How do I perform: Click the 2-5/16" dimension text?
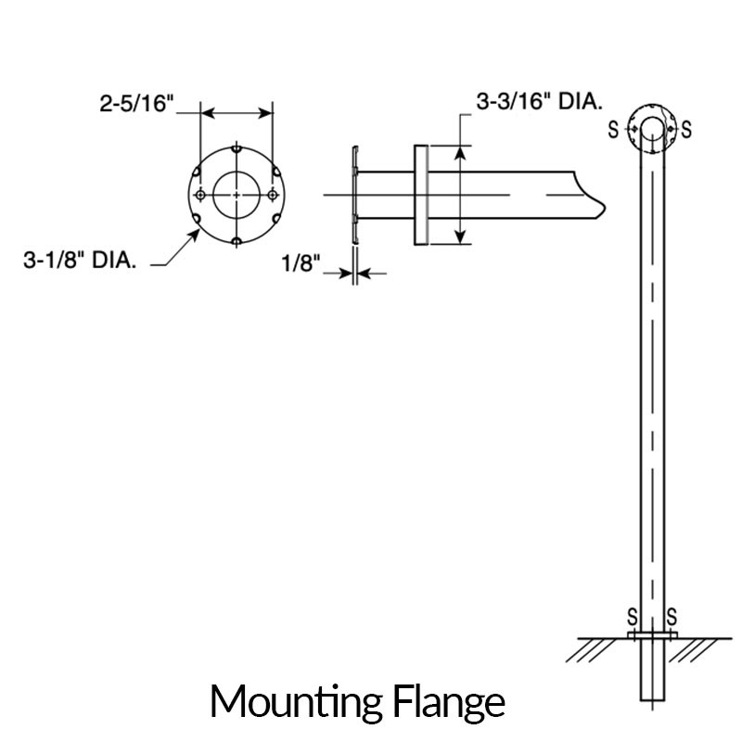click(x=137, y=104)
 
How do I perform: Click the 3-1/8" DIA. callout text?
click(x=81, y=262)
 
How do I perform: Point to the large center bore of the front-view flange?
click(x=237, y=194)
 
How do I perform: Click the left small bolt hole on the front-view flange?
click(x=200, y=195)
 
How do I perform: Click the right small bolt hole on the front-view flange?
click(x=272, y=195)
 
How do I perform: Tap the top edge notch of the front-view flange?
click(x=237, y=149)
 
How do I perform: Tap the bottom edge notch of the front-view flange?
click(x=237, y=241)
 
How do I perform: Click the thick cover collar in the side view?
click(x=420, y=195)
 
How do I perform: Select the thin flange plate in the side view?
click(x=354, y=195)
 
